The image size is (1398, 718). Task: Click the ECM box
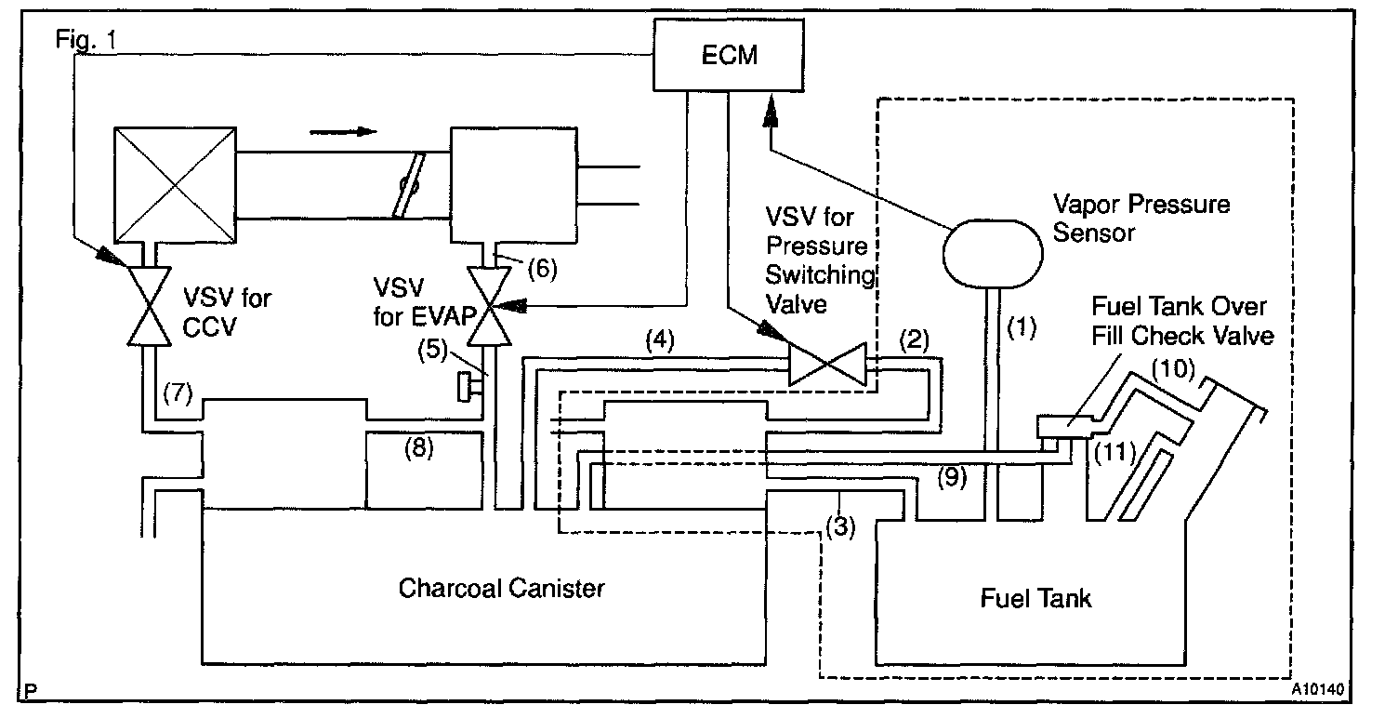(x=729, y=55)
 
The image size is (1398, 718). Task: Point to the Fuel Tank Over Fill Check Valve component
(x=1066, y=428)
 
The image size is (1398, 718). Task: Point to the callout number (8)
(x=421, y=448)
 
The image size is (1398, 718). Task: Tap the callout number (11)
(x=1115, y=452)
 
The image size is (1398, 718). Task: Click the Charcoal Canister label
(x=501, y=588)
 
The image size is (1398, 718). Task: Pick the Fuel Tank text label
(x=1035, y=597)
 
